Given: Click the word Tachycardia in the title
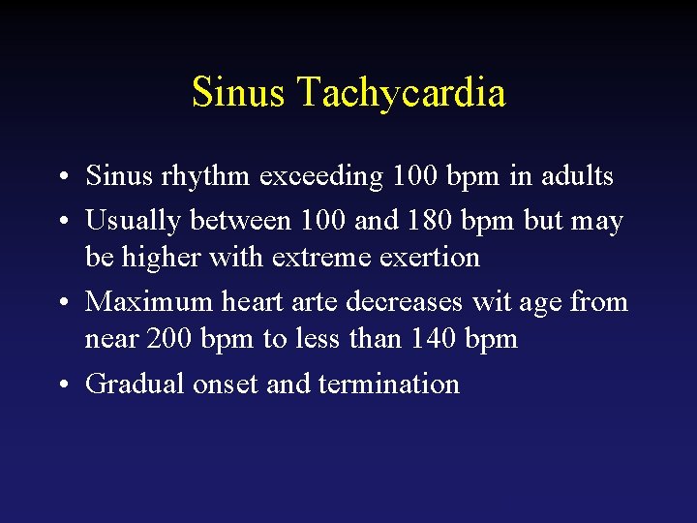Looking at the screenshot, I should click(401, 93).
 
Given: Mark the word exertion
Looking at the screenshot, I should click(431, 258).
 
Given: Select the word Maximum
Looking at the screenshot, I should click(149, 302).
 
